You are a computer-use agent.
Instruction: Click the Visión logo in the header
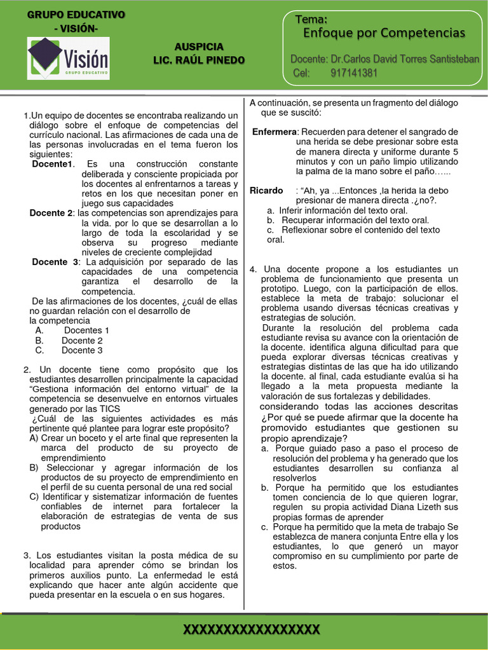coord(68,58)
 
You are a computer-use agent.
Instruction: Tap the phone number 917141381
coord(354,72)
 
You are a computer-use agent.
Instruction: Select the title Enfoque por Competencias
coord(384,32)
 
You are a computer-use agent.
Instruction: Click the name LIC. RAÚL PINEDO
coord(199,60)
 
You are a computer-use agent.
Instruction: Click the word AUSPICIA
coord(199,47)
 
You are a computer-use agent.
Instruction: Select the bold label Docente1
coord(53,164)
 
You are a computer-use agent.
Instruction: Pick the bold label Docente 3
coord(55,262)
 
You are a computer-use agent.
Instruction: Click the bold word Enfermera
coord(274,132)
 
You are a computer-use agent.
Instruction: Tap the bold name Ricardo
coord(266,191)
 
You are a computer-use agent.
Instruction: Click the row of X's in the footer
coord(251,630)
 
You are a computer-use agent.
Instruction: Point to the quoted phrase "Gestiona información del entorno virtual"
coord(121,389)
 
